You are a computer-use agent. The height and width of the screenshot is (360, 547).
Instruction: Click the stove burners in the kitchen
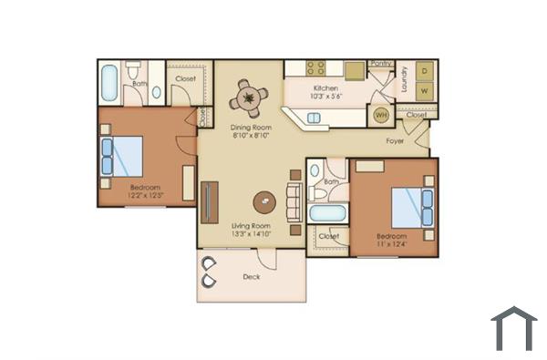[x=315, y=67]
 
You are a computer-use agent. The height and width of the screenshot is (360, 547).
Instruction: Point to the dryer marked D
[x=424, y=69]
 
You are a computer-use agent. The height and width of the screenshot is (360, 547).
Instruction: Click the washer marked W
[x=424, y=91]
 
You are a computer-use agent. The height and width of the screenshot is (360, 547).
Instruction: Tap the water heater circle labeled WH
[x=380, y=116]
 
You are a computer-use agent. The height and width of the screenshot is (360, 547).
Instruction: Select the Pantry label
[x=380, y=64]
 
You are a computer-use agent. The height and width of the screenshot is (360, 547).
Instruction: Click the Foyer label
[x=395, y=141]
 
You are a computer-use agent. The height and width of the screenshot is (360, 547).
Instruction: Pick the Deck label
[x=253, y=277]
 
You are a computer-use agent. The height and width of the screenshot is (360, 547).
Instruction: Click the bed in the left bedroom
[x=122, y=157]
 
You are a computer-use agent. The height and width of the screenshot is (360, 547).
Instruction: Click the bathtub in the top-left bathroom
[x=108, y=83]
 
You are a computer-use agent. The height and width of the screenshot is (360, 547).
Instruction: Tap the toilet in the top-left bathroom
[x=133, y=72]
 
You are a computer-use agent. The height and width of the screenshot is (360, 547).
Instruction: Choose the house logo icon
[x=513, y=328]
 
